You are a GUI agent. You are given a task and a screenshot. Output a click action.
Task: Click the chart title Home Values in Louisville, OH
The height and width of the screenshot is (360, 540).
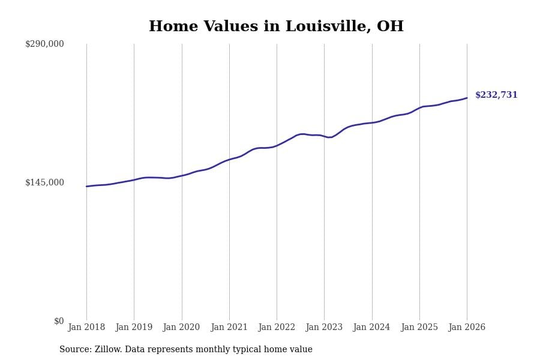click(x=276, y=27)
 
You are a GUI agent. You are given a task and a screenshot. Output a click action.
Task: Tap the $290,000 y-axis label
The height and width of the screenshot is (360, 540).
click(x=44, y=44)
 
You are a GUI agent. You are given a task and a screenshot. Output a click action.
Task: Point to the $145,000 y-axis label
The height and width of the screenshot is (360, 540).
click(x=44, y=182)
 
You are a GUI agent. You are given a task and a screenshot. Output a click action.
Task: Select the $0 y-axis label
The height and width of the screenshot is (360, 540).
click(x=59, y=321)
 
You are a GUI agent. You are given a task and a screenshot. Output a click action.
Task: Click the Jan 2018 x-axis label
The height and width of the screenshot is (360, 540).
click(x=86, y=328)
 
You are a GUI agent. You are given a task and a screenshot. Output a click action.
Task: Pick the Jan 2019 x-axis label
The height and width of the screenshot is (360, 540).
click(x=134, y=328)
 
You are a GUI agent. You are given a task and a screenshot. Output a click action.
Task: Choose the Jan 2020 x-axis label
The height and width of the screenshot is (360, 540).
click(x=181, y=328)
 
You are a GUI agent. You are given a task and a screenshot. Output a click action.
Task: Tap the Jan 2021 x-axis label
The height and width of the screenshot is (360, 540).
click(x=229, y=328)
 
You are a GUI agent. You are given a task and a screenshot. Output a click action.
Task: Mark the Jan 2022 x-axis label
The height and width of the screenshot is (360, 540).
click(x=277, y=328)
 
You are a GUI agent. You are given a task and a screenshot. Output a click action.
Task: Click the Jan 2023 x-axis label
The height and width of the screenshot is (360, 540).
click(x=324, y=328)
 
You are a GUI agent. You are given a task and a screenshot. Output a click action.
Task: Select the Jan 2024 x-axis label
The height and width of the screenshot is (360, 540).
click(x=371, y=328)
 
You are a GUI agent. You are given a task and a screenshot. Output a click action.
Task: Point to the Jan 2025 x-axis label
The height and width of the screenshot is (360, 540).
click(x=419, y=328)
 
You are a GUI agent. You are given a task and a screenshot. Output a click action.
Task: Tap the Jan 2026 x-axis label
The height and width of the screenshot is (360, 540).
click(x=467, y=328)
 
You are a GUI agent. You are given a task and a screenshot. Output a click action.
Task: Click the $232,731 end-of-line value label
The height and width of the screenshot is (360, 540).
click(x=496, y=95)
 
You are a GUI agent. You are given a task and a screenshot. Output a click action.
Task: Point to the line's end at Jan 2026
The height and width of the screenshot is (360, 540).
click(x=467, y=98)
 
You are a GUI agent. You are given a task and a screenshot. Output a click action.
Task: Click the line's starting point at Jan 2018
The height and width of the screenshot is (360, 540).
click(x=86, y=187)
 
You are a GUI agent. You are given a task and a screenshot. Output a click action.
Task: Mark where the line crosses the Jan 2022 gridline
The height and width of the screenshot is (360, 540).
click(x=277, y=145)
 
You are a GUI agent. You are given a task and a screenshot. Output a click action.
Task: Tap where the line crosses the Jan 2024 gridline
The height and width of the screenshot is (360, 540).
click(x=372, y=122)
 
